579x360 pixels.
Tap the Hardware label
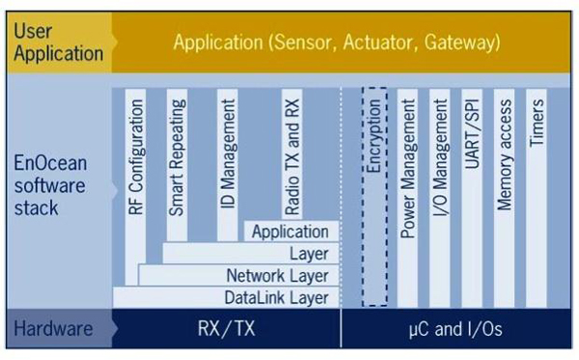[53, 329]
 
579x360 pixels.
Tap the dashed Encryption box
[374, 193]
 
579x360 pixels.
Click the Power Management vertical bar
[407, 193]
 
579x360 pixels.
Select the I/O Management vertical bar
[440, 193]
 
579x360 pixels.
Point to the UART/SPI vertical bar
[472, 193]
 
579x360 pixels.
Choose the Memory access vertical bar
[505, 193]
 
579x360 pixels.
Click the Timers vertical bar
[538, 193]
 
